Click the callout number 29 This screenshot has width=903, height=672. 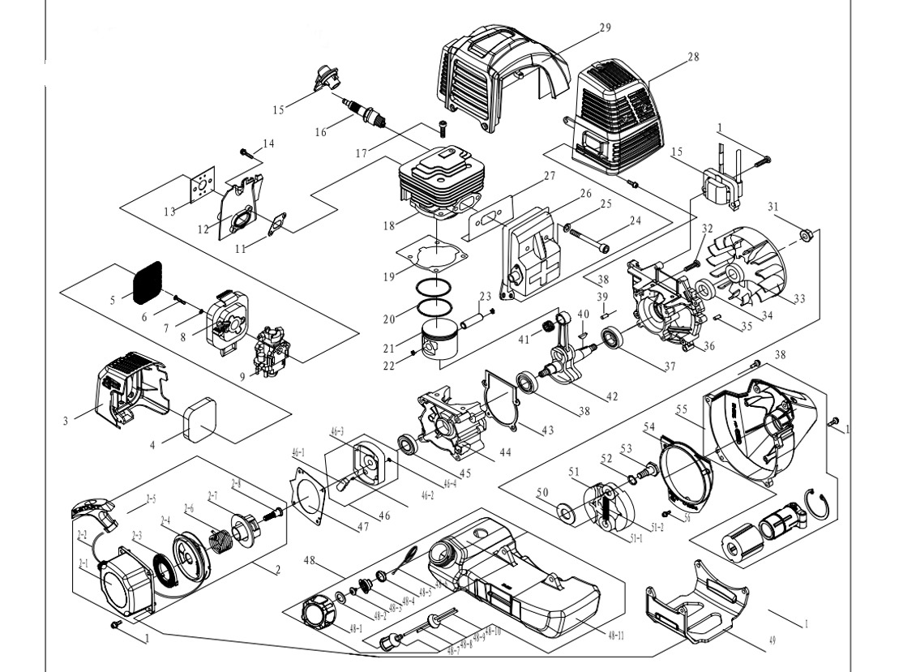coord(605,28)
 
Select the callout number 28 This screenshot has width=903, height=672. coord(692,57)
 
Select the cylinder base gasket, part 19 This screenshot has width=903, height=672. coord(434,255)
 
